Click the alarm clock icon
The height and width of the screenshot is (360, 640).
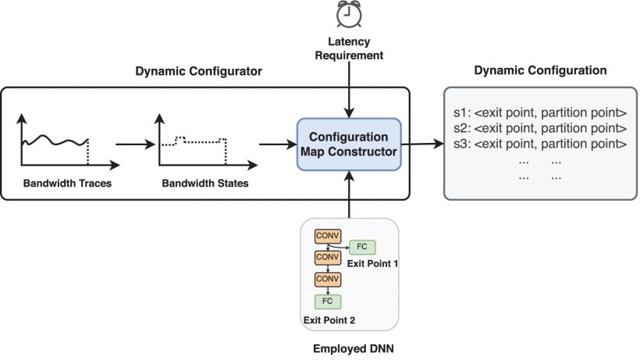349,14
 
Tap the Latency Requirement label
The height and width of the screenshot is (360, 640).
349,48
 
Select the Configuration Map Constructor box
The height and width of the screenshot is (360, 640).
349,144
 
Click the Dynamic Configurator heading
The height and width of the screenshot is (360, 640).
199,71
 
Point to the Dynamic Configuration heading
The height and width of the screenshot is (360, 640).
540,70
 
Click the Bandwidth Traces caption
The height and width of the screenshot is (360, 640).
67,184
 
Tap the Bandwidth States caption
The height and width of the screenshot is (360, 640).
205,184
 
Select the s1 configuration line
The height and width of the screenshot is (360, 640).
540,112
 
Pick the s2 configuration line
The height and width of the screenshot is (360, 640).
540,128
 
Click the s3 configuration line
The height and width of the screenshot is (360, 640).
540,144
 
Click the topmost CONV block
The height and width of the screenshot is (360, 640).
328,236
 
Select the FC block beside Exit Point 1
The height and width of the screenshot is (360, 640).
362,247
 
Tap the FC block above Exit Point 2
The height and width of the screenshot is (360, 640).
328,301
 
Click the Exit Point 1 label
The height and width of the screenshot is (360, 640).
372,264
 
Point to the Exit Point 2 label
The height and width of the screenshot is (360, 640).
329,320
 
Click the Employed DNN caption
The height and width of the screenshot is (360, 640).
354,348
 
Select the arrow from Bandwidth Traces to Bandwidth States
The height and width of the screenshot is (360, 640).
136,144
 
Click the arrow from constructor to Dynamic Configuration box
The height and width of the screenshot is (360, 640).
422,144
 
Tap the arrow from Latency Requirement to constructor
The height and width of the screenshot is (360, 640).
349,91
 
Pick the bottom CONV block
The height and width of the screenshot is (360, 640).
328,280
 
